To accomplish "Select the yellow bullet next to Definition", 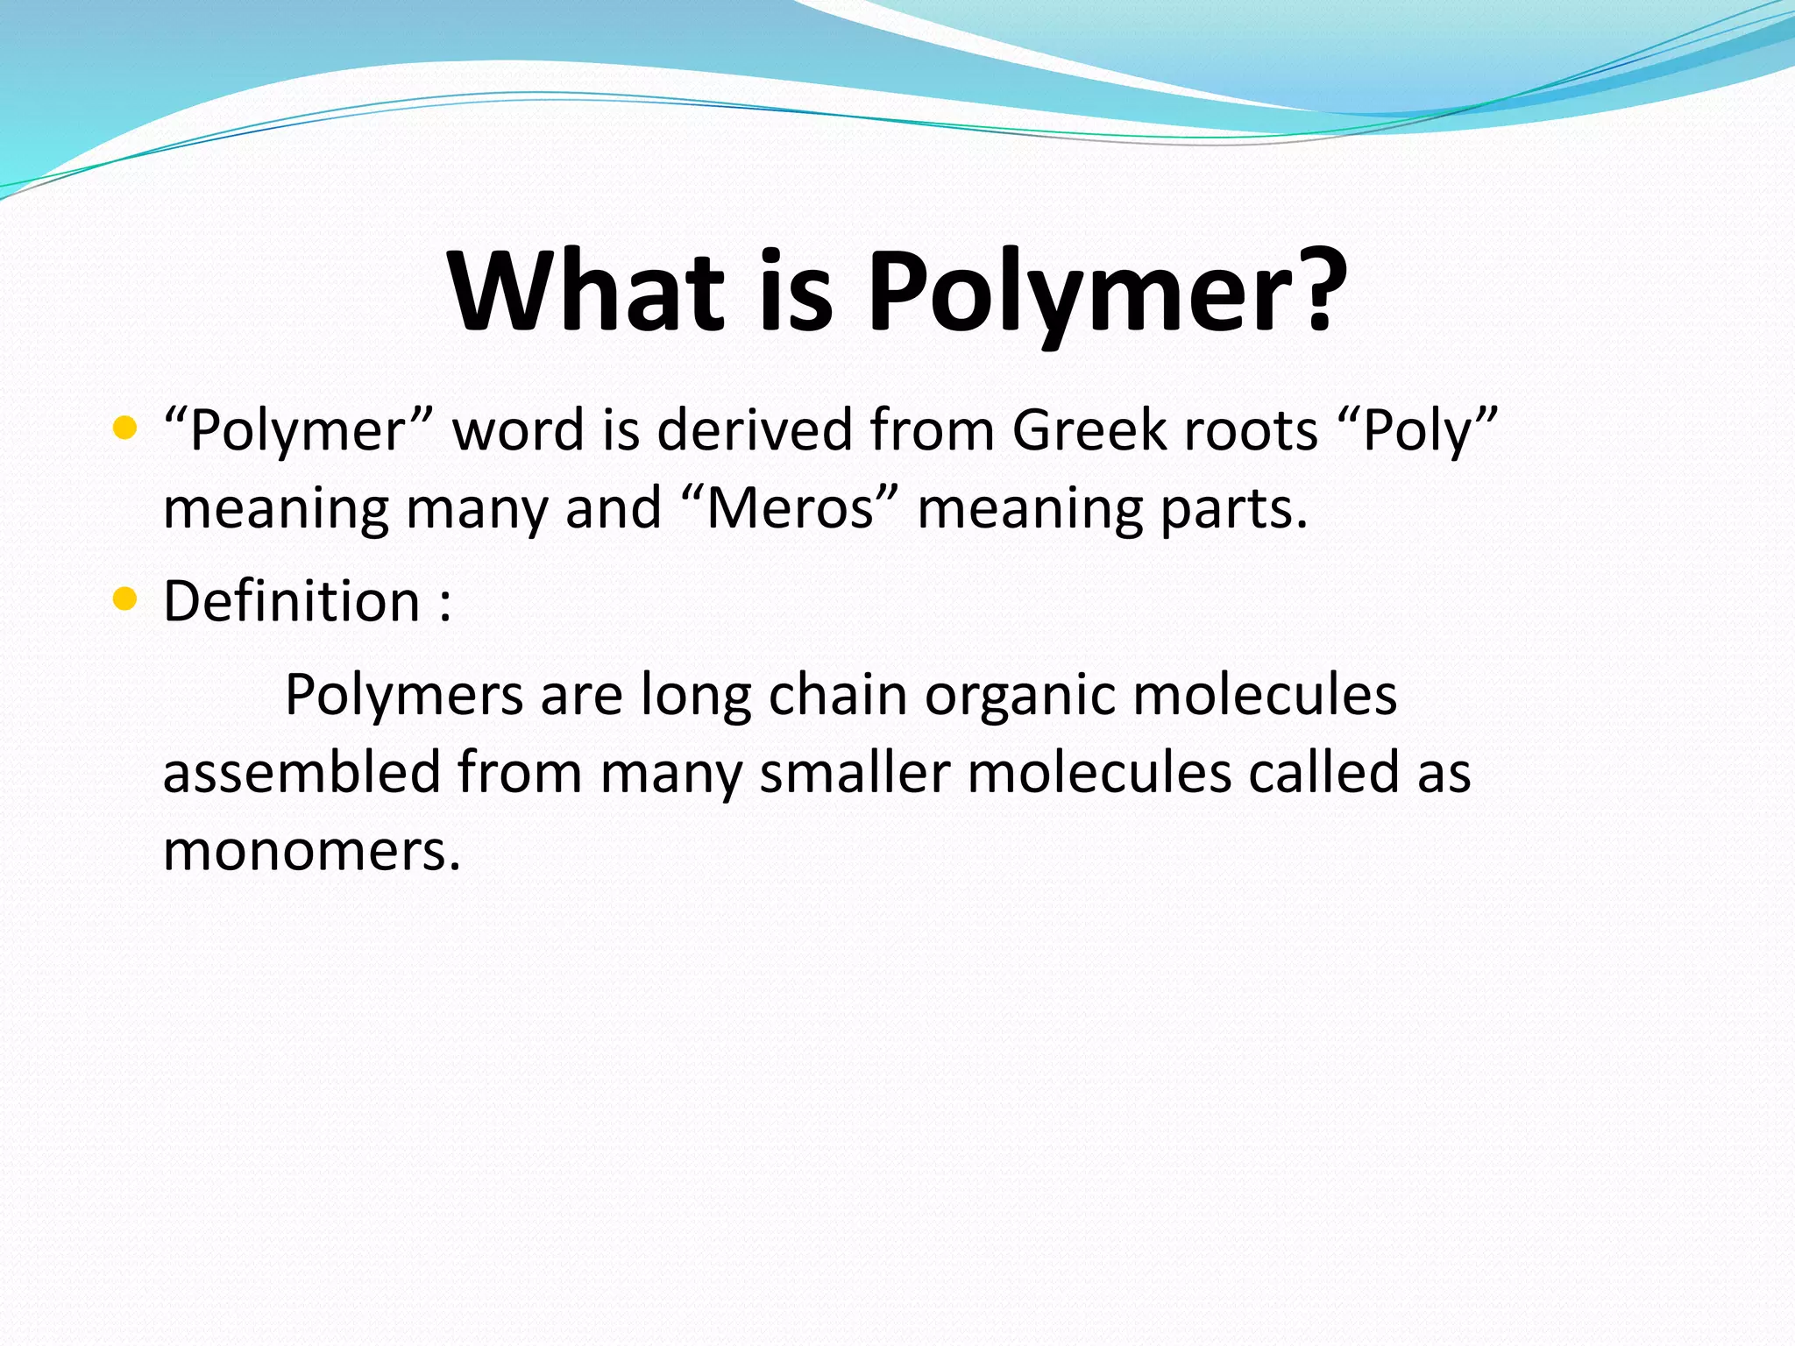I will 125,599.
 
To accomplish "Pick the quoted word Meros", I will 790,508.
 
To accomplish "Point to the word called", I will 1323,773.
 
